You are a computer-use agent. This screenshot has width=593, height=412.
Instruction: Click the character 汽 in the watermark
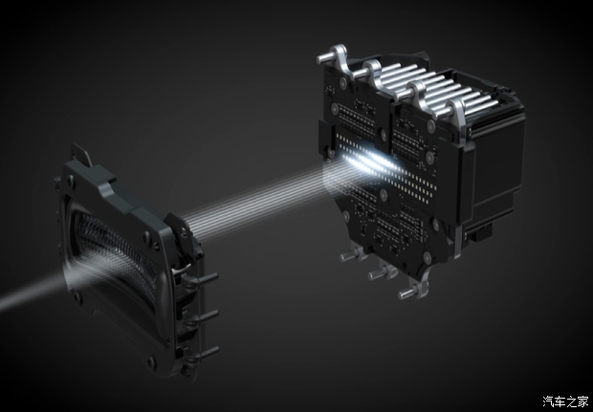pos(548,401)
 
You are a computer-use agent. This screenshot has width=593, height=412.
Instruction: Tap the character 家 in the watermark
pos(582,401)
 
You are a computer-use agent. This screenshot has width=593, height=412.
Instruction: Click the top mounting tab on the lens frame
pos(81,154)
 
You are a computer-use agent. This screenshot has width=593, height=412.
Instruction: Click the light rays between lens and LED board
pos(261,201)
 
